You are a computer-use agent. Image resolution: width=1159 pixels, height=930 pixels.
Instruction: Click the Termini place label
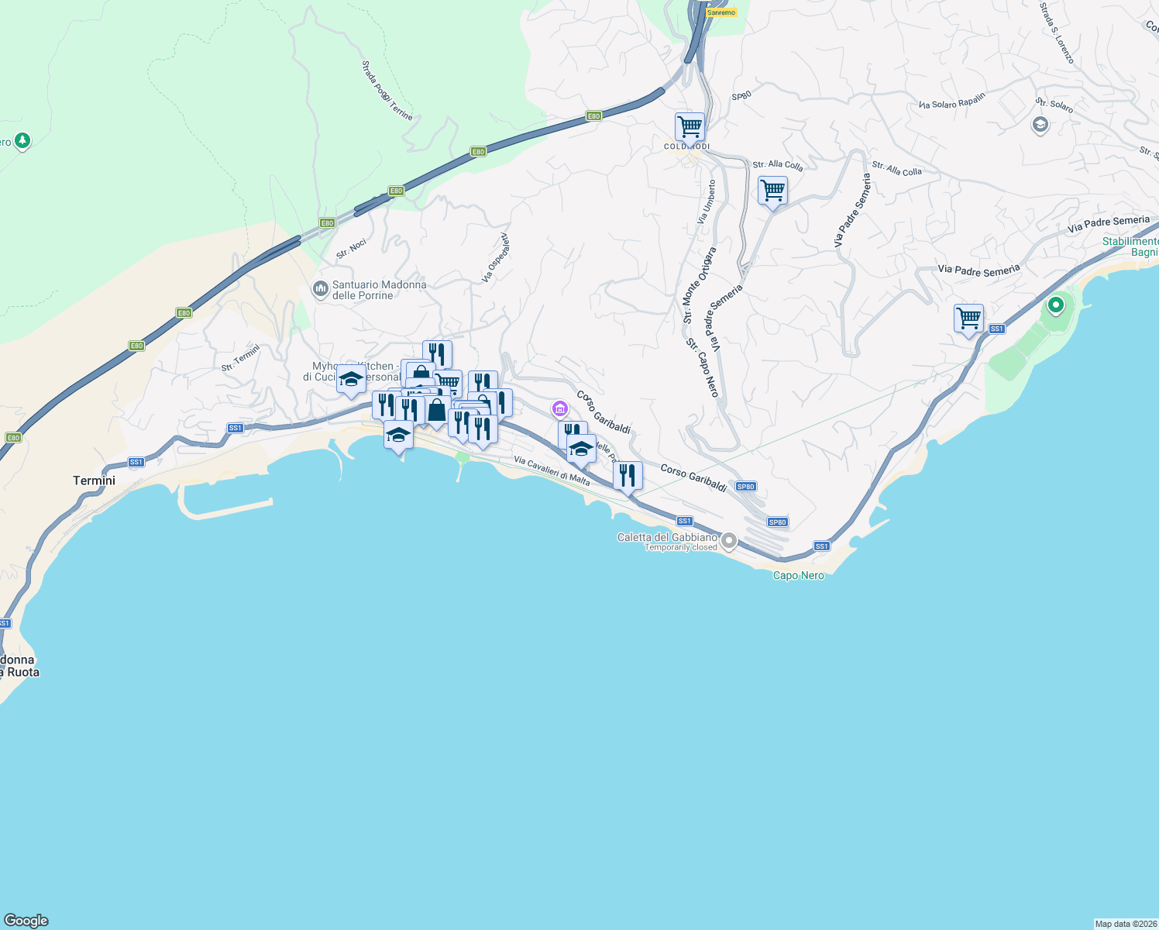click(x=94, y=480)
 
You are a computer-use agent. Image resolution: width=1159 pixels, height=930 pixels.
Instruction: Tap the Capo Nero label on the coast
click(x=798, y=575)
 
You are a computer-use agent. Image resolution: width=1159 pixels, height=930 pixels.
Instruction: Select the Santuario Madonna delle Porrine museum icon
click(x=320, y=290)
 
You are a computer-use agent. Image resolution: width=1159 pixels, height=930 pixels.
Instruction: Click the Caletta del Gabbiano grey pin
click(x=728, y=541)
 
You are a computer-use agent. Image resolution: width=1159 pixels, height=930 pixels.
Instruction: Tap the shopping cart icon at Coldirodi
click(x=689, y=126)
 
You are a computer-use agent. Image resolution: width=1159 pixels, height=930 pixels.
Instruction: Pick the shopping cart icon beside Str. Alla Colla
click(x=772, y=190)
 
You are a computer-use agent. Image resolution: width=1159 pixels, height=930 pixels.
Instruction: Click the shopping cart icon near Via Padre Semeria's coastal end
click(x=968, y=318)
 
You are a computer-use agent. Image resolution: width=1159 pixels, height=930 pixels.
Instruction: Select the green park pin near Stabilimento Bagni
click(x=1055, y=305)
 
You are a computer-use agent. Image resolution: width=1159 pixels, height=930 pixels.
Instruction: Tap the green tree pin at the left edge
click(x=22, y=141)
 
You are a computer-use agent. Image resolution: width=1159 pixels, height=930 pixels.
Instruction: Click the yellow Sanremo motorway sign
click(x=721, y=12)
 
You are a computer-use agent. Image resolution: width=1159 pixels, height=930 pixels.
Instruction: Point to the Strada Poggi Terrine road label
click(x=387, y=91)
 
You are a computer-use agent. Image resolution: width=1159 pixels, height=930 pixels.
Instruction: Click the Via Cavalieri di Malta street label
click(x=552, y=470)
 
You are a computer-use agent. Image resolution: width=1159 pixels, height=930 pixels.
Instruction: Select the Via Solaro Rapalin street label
click(x=952, y=101)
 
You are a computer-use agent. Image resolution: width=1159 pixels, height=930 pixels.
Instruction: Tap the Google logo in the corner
click(x=26, y=921)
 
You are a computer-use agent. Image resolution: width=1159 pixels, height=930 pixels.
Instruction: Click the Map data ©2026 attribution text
click(x=1125, y=924)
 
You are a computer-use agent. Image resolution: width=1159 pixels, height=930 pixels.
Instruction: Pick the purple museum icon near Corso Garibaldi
click(x=560, y=408)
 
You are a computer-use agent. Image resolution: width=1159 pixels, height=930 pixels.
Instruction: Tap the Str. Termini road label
click(x=241, y=357)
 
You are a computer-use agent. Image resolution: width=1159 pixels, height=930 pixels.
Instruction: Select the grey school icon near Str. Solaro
click(x=1040, y=124)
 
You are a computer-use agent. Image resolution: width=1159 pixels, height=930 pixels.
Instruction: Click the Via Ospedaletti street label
click(x=496, y=257)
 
